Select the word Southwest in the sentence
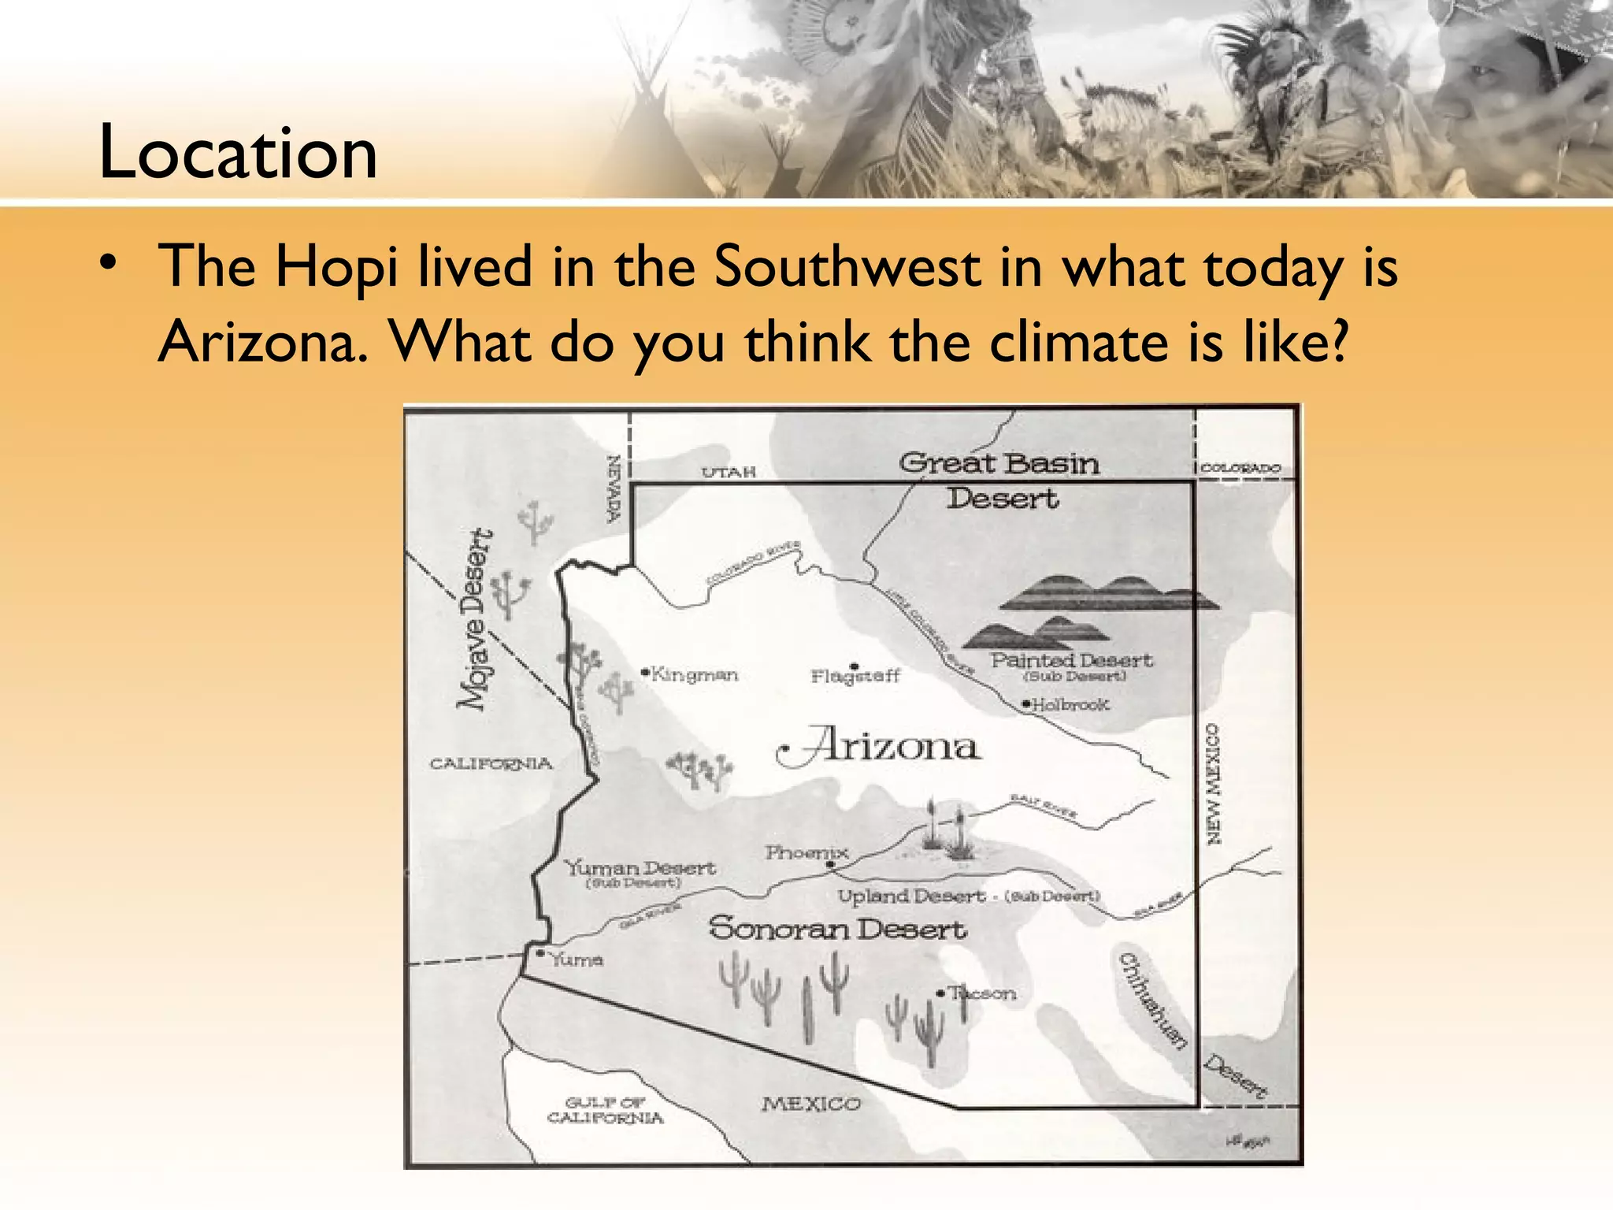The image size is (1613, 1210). [x=847, y=267]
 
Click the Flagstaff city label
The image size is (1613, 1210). [x=855, y=676]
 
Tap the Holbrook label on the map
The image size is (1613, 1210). [x=1070, y=704]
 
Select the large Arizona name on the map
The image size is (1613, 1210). [x=882, y=745]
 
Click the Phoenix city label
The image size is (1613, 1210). [x=806, y=852]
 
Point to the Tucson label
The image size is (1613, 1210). [x=981, y=993]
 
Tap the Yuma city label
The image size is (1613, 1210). [x=575, y=959]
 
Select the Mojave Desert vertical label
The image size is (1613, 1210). [x=476, y=619]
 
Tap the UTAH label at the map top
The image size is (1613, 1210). [x=729, y=472]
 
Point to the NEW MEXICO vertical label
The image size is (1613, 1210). [x=1214, y=783]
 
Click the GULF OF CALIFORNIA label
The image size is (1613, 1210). [x=605, y=1110]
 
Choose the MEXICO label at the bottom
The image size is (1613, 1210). [x=811, y=1104]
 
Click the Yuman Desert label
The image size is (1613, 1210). [x=640, y=868]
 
